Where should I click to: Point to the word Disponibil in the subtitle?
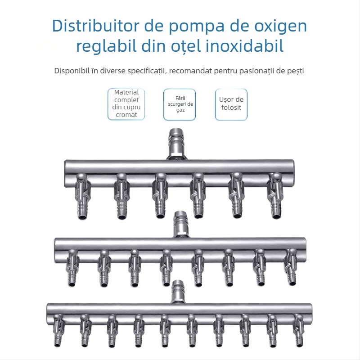tap(72, 71)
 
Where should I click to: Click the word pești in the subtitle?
tap(295, 71)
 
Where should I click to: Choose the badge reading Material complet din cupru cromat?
tap(126, 104)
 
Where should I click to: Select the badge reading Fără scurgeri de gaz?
tap(180, 104)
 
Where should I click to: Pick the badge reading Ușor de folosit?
tap(231, 104)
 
